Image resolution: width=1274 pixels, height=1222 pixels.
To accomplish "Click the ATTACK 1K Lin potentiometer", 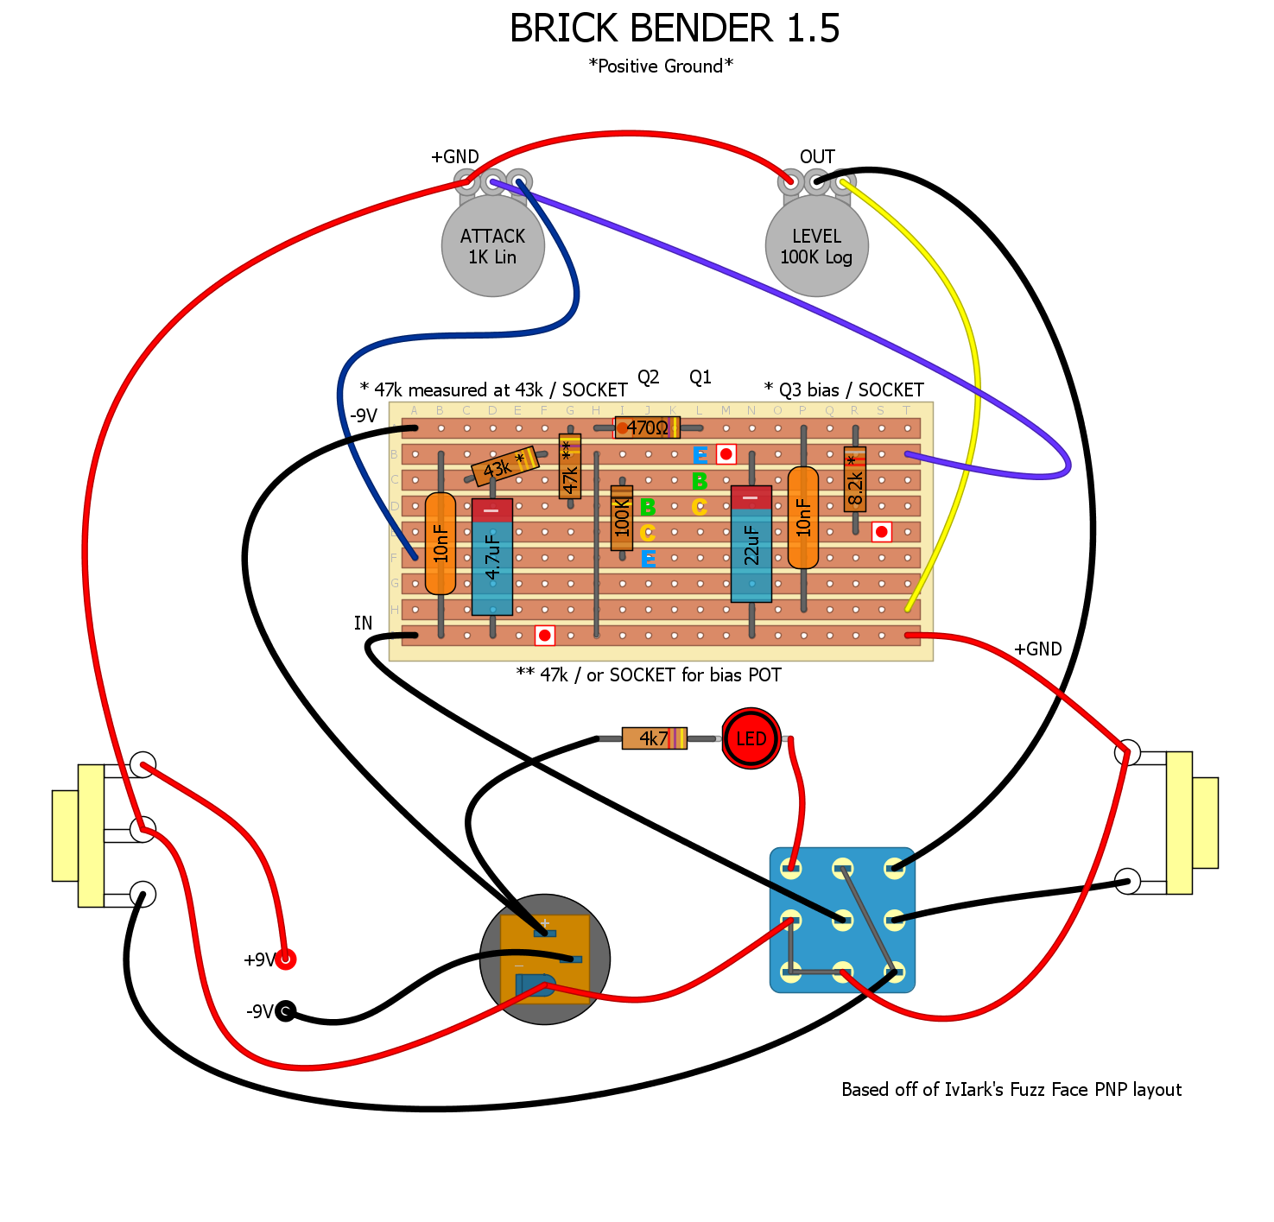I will [492, 246].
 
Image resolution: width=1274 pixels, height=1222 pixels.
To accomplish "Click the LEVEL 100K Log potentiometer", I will [816, 246].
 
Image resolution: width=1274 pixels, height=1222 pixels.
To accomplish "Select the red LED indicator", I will [751, 738].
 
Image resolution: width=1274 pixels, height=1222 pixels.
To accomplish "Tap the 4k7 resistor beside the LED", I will [654, 738].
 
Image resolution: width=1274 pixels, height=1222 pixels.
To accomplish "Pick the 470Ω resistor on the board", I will [647, 427].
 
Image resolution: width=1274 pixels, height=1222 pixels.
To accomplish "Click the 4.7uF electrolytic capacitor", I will [492, 557].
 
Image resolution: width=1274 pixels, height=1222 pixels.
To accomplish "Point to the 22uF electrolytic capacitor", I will [751, 544].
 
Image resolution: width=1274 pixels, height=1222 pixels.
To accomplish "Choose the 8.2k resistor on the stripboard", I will [855, 480].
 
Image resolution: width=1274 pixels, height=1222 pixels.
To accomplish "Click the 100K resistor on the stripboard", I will [622, 518].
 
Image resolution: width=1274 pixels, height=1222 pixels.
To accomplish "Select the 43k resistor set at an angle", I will [504, 466].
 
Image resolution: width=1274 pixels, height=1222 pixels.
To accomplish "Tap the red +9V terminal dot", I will [285, 959].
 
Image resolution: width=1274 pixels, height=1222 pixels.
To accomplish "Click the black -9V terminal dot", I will [285, 1010].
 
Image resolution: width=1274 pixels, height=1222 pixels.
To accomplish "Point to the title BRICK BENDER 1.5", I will [675, 28].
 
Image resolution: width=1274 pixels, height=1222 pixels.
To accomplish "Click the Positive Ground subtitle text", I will [661, 66].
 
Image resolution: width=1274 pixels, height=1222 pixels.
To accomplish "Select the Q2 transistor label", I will [649, 377].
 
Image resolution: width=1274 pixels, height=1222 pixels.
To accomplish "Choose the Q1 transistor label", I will [700, 377].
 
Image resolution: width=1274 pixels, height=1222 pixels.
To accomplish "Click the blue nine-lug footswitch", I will [842, 920].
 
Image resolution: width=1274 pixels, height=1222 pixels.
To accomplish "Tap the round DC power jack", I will [545, 959].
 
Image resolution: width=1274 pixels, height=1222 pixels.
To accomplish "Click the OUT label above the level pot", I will [817, 157].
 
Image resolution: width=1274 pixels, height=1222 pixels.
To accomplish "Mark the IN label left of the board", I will [364, 624].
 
